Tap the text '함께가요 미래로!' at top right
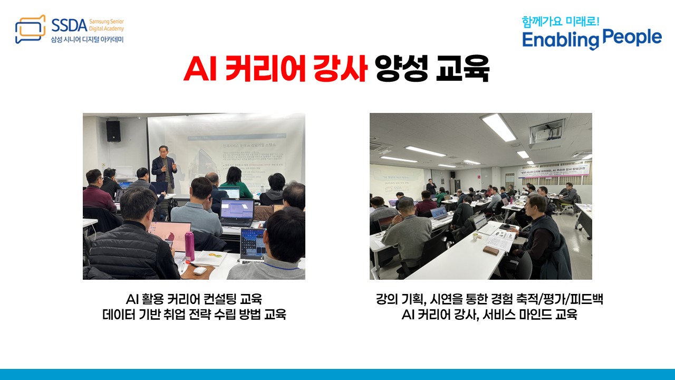[x=560, y=22]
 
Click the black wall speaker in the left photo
[x=113, y=131]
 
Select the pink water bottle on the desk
[x=189, y=246]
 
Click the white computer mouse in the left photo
[x=199, y=270]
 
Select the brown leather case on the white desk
[x=490, y=250]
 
